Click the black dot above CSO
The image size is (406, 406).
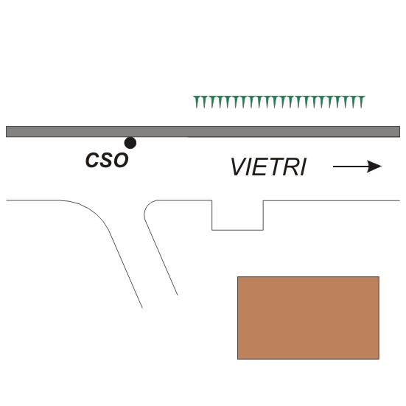(x=130, y=143)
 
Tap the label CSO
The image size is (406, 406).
(x=107, y=160)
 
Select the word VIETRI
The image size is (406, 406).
(x=268, y=167)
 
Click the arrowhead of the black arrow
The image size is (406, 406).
(x=374, y=167)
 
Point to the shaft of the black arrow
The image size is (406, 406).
(x=350, y=167)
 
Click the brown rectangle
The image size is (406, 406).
(x=309, y=318)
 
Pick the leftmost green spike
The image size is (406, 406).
(x=197, y=102)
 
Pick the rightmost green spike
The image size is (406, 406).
(x=361, y=102)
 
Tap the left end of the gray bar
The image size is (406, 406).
(x=7, y=132)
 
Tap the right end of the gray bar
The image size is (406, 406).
(x=399, y=132)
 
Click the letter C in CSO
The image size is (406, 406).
(x=92, y=160)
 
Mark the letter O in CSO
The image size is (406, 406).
(x=120, y=160)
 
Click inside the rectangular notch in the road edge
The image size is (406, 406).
(x=238, y=215)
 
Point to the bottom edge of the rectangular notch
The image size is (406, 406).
(x=238, y=230)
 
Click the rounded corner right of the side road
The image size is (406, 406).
(x=149, y=206)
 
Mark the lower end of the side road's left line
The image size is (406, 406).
(x=142, y=308)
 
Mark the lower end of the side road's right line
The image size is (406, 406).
(x=178, y=295)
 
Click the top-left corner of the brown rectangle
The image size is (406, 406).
(x=238, y=276)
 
